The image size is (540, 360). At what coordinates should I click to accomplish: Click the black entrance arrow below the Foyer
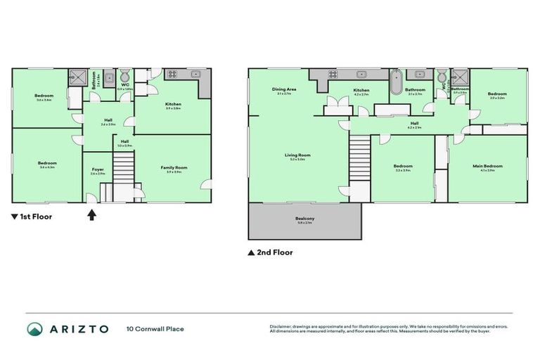click(x=91, y=216)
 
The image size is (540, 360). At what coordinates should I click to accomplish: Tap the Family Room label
click(x=174, y=168)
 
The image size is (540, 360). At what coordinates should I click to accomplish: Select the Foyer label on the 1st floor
click(x=97, y=169)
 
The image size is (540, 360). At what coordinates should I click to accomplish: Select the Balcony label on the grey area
click(x=304, y=219)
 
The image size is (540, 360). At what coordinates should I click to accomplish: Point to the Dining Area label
click(x=283, y=90)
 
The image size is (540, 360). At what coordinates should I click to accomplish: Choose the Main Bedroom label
click(x=487, y=167)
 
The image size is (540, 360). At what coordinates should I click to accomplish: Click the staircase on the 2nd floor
click(x=360, y=154)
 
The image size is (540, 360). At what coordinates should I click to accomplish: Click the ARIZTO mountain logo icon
click(x=34, y=328)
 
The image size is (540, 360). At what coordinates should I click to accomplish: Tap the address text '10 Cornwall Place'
click(x=155, y=328)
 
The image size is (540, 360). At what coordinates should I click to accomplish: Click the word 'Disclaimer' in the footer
click(x=281, y=326)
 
